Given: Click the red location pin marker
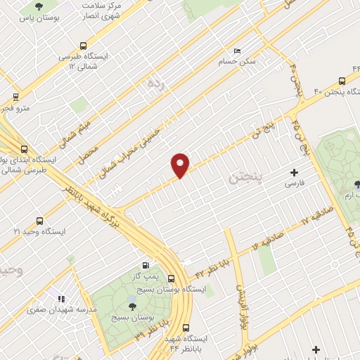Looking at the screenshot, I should click(180, 165).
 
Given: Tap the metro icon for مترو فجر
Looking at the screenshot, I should click(15, 97).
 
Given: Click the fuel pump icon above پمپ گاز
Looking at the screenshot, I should click(146, 265).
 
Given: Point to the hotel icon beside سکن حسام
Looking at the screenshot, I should click(237, 51).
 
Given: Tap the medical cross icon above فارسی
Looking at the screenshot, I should click(294, 172).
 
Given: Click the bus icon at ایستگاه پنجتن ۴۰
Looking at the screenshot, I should click(342, 81).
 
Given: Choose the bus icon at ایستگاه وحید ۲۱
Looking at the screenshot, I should click(39, 221).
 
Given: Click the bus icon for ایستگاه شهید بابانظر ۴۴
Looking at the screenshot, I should click(186, 328).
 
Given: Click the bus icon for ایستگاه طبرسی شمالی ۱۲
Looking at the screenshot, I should click(84, 44).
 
